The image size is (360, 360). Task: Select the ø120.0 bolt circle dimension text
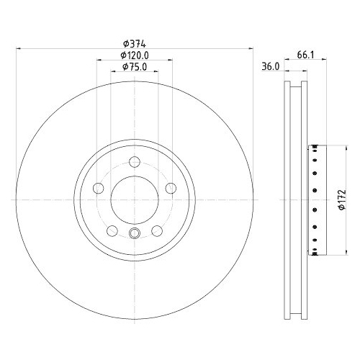(134, 55)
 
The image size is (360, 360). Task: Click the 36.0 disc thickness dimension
(271, 67)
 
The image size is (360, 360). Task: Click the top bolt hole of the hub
(134, 161)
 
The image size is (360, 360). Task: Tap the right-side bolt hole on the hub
(171, 188)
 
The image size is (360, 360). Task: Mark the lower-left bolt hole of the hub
(112, 230)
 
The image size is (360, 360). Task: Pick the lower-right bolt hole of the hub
(156, 230)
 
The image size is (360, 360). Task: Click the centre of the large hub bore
(134, 199)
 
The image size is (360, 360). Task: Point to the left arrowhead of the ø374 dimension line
(18, 49)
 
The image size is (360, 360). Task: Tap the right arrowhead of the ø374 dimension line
(251, 49)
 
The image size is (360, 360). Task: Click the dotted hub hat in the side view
(315, 199)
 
